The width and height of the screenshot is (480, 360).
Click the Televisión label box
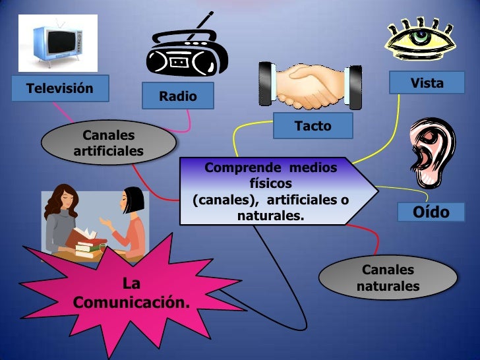point(59,88)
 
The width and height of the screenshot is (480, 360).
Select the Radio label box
point(178,96)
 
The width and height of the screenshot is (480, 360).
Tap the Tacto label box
point(313,125)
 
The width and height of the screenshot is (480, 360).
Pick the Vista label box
point(427,83)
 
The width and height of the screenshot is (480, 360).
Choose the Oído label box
point(431,212)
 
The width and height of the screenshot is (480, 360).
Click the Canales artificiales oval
point(108,143)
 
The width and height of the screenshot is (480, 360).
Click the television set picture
point(57,42)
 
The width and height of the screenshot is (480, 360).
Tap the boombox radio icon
point(185,57)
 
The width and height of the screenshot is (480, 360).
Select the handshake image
point(310,86)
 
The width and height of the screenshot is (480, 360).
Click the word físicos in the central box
point(270,183)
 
